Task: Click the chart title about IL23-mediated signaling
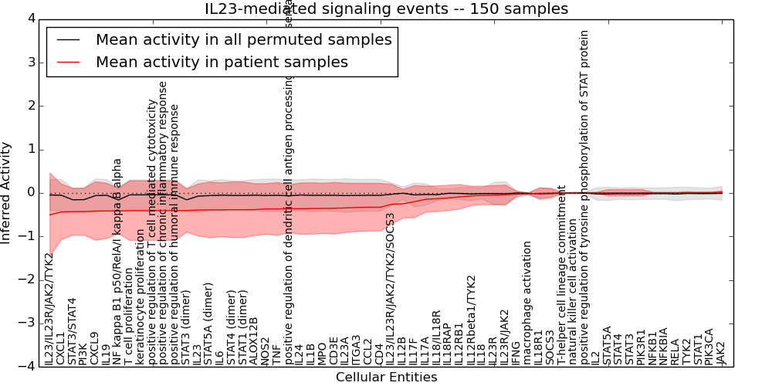[386, 9]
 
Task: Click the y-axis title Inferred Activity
[7, 192]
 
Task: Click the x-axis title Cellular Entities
[386, 378]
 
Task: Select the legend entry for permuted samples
[243, 39]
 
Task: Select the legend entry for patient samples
[222, 62]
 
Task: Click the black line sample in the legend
[68, 39]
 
